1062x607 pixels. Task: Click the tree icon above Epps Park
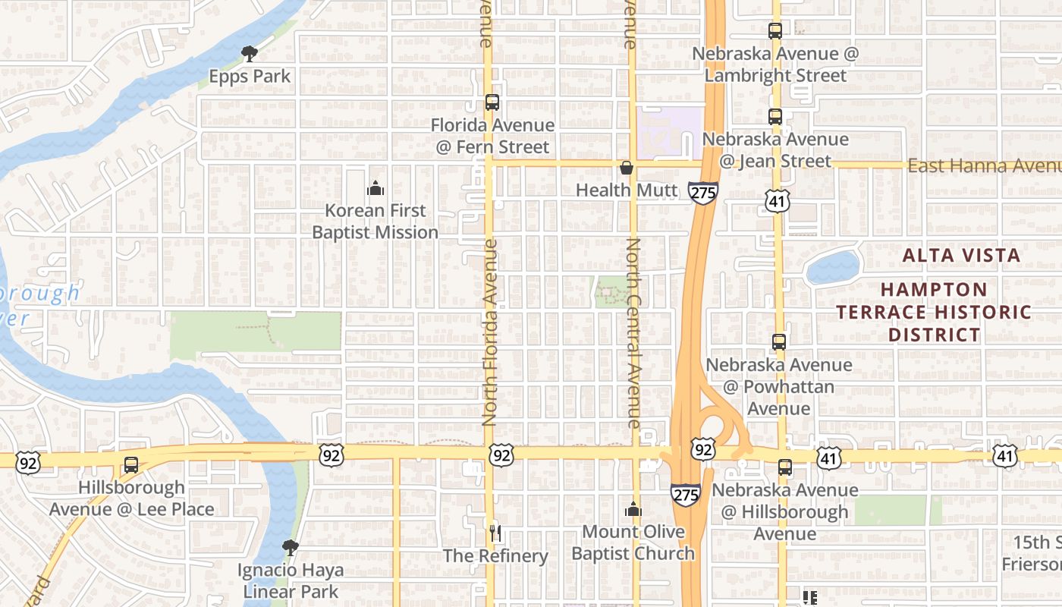(249, 53)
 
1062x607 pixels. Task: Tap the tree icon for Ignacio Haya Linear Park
(290, 547)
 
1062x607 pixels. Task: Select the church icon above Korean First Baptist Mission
(375, 188)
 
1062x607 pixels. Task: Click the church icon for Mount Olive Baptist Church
(633, 509)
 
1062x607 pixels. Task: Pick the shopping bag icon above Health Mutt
(627, 167)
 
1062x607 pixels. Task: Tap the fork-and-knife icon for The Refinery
(495, 533)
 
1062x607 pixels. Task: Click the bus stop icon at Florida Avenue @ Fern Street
(492, 102)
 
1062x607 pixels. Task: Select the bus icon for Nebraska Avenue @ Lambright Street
(775, 31)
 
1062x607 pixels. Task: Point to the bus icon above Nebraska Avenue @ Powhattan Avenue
(779, 341)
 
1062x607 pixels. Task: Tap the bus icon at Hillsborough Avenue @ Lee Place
(131, 464)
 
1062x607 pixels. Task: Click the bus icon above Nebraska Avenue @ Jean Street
(775, 117)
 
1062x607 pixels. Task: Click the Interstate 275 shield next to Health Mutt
(703, 192)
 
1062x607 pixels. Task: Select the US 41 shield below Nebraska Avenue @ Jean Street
(778, 200)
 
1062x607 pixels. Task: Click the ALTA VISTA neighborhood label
(961, 256)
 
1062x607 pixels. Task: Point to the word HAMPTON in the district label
(935, 290)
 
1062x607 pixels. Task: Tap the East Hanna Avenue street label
(984, 166)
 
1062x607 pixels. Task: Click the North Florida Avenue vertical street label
(490, 332)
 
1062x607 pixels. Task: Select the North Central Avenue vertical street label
(633, 332)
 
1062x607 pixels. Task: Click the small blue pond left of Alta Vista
(833, 267)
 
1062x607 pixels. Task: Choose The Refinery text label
(495, 556)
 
